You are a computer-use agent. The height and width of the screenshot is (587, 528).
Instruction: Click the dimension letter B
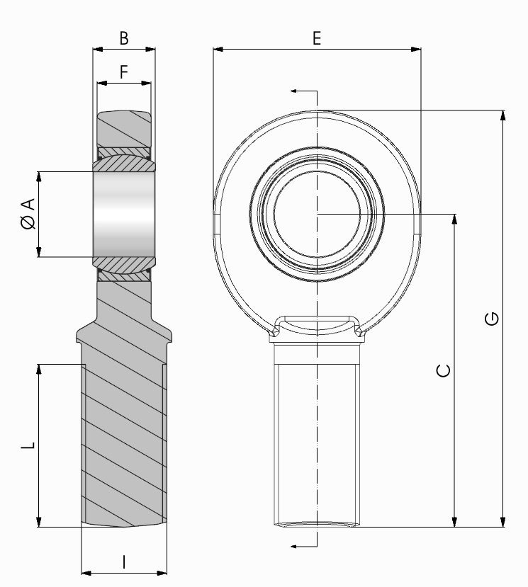click(x=124, y=39)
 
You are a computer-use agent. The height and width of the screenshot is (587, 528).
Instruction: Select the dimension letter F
click(x=124, y=72)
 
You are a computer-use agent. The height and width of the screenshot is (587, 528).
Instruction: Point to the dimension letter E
click(x=317, y=39)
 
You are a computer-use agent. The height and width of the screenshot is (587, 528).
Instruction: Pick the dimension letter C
click(x=443, y=370)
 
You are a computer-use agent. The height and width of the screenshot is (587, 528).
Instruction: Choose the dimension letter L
click(x=26, y=445)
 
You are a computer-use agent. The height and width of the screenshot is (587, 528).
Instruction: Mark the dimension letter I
click(x=124, y=562)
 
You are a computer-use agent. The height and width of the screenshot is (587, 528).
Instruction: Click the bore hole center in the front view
click(x=317, y=214)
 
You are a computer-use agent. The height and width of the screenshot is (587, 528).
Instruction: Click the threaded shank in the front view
click(x=317, y=439)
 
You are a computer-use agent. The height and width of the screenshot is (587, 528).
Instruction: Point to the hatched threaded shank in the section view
click(x=124, y=439)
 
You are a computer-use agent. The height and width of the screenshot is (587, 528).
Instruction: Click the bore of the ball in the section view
click(x=124, y=214)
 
